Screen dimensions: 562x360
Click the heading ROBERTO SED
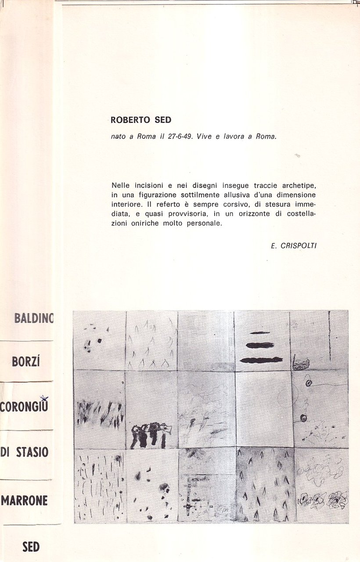click(141, 119)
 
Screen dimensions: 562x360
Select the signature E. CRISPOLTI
click(294, 246)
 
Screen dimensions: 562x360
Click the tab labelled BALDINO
click(33, 318)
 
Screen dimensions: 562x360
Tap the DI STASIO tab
click(24, 452)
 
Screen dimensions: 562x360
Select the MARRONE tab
click(24, 500)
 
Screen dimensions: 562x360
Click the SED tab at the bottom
click(31, 547)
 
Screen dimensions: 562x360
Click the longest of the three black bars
click(262, 360)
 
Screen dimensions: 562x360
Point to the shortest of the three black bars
click(260, 333)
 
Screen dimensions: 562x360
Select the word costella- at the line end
click(298, 214)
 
